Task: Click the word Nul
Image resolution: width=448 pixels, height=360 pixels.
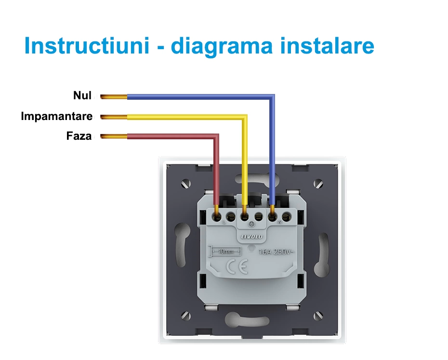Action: (82, 95)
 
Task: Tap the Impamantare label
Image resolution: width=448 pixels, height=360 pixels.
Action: (56, 116)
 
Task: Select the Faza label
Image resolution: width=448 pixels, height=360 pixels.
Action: (79, 136)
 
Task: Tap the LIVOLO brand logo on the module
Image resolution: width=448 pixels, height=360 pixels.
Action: (251, 237)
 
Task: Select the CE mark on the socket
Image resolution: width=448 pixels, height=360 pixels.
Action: (237, 267)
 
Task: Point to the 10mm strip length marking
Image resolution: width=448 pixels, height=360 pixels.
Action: (223, 252)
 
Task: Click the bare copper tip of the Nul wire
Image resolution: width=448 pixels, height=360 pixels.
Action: (114, 96)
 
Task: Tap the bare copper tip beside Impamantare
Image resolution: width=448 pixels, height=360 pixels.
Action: (114, 117)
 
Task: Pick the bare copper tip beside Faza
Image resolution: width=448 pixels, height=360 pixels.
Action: (114, 136)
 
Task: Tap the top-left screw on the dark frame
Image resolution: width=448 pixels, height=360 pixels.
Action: (186, 184)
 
